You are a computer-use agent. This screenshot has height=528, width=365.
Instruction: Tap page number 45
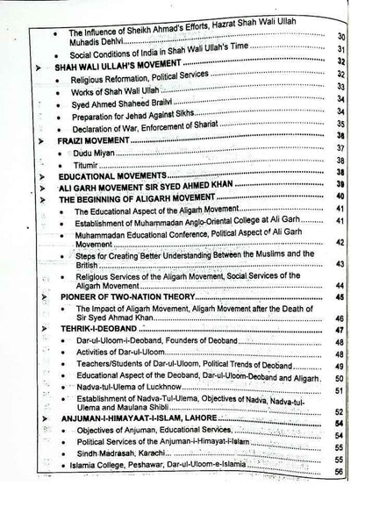[340, 298]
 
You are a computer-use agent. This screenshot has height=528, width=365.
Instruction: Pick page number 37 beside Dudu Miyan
[340, 150]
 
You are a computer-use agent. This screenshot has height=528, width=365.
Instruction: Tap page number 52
[340, 410]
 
